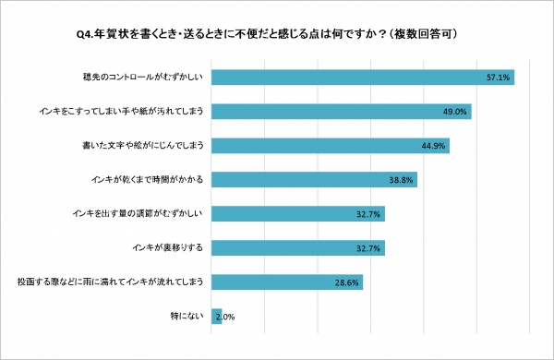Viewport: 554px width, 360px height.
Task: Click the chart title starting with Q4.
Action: tap(277, 34)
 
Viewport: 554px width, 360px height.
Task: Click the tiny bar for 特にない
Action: tap(217, 316)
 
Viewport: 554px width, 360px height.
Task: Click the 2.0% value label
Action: tap(224, 317)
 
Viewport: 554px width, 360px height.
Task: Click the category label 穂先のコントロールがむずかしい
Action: tap(148, 78)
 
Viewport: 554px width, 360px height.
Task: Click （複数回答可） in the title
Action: tap(435, 34)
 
